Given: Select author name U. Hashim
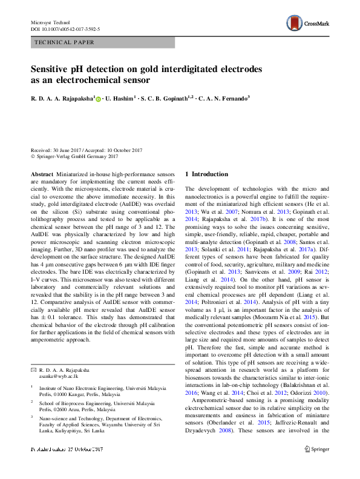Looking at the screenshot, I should (120, 97).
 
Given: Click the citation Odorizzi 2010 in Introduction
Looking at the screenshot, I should (314, 392).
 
